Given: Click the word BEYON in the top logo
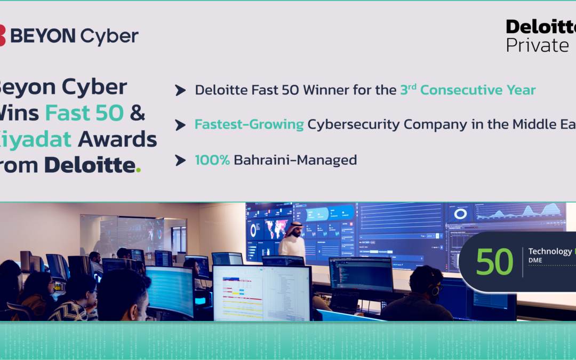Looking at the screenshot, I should click(43, 36).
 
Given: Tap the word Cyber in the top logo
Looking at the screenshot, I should click(109, 36).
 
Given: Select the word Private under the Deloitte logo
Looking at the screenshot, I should click(537, 45).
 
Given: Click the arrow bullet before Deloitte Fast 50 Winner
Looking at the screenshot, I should click(180, 91).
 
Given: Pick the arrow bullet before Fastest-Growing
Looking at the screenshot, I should click(180, 125).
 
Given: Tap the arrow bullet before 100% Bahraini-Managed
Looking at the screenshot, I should click(180, 160).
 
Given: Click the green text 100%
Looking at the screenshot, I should click(212, 159).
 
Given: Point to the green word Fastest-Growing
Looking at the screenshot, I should click(249, 125).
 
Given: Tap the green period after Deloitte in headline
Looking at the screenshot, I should click(139, 170).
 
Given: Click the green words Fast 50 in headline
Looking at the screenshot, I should click(84, 113).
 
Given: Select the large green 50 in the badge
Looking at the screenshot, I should click(494, 262).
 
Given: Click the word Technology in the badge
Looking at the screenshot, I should click(549, 251).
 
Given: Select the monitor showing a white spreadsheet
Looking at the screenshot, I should click(261, 293).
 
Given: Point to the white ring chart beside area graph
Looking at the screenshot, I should click(460, 213).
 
